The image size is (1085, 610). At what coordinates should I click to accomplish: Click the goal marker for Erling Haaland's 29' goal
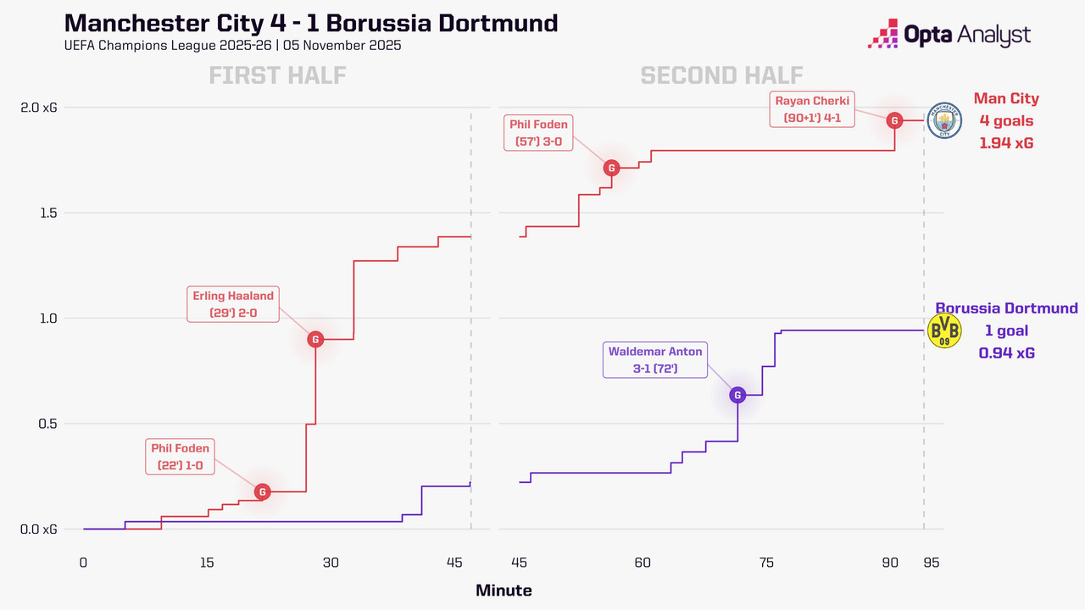[315, 340]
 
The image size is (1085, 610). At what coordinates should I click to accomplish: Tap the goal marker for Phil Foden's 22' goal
[263, 491]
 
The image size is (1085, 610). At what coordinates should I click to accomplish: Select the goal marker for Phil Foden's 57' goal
[611, 168]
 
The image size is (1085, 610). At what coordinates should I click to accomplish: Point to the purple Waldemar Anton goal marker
[737, 395]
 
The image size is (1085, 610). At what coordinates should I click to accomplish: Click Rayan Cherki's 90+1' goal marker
[894, 120]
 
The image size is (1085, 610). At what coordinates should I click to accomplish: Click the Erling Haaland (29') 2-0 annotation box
[233, 304]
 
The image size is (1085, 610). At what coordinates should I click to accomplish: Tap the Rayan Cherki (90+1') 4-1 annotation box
[811, 110]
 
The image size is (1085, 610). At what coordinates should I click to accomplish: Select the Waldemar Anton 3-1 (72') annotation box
[655, 360]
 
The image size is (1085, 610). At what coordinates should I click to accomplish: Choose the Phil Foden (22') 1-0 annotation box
[180, 457]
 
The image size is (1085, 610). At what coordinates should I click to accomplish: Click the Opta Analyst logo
[949, 36]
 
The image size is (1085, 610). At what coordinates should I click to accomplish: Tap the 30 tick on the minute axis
[331, 563]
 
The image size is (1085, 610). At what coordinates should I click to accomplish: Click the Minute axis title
[504, 591]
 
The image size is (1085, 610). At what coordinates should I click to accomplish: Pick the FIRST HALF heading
[277, 75]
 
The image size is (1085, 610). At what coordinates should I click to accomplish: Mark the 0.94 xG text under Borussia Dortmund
[1006, 353]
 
